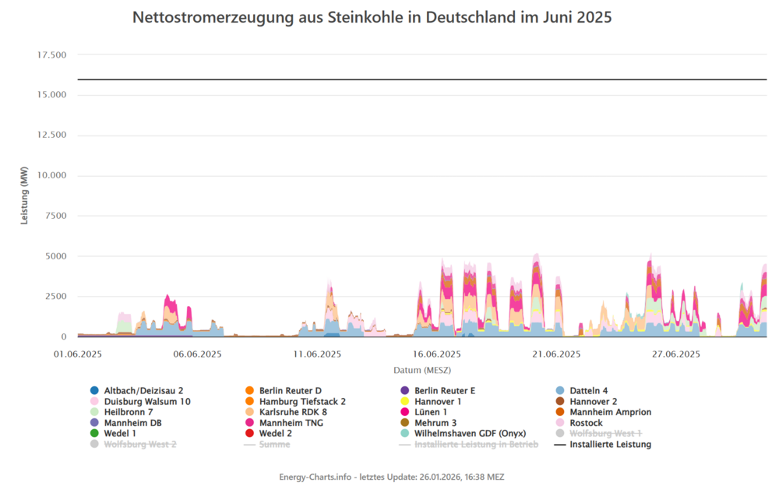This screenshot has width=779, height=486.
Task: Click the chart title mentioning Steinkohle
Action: point(372,17)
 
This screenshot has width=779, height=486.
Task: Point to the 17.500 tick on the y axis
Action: point(51,55)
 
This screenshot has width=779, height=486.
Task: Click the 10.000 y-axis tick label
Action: point(51,175)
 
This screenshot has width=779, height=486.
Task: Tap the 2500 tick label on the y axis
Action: point(57,297)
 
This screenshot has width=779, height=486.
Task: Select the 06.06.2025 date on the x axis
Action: point(197,354)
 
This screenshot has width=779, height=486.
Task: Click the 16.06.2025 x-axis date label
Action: point(437,354)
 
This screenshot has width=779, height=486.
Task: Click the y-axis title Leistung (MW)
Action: point(25,195)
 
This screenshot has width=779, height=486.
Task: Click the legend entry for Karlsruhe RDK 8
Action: point(293,412)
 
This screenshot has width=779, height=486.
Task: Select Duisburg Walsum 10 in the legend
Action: point(147,401)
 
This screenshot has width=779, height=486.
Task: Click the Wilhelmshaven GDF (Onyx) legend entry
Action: point(470,434)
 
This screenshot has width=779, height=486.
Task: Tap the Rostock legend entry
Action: point(586,423)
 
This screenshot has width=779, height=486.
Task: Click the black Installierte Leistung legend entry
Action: point(610,445)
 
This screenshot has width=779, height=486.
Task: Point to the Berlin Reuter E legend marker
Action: point(405,390)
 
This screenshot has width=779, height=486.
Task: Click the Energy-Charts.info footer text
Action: point(397,476)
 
